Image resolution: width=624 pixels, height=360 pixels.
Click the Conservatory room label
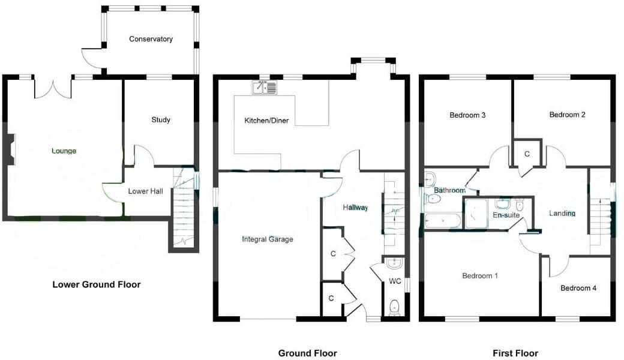coord(151,39)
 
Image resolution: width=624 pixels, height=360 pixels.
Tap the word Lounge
coord(64,151)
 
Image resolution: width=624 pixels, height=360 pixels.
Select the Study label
coord(161,119)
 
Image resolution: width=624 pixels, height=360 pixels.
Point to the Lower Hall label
coord(146,191)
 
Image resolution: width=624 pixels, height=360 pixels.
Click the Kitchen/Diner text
coord(266,121)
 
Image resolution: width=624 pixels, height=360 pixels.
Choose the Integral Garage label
coord(268,239)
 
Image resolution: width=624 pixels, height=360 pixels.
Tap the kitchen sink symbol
coord(265,88)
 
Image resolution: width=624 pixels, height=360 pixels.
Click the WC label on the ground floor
coord(395,281)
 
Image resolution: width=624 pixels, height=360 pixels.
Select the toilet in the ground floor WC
coord(394,307)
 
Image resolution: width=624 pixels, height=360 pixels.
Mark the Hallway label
coord(355,207)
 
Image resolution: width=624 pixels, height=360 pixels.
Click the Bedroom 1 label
coord(480,276)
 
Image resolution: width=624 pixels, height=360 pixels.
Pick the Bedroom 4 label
coord(578,288)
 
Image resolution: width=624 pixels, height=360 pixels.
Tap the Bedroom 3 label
coord(467,115)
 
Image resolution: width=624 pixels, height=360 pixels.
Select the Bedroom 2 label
coord(568,115)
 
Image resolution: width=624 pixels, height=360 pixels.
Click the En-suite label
coord(506,215)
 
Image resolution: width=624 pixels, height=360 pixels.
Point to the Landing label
coord(562,213)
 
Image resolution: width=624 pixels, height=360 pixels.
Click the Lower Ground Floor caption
coord(97,284)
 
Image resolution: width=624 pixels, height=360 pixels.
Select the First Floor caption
coord(515,353)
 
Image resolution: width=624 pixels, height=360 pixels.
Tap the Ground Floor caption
coord(308,353)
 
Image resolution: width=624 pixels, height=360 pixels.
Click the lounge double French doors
coord(53,88)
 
